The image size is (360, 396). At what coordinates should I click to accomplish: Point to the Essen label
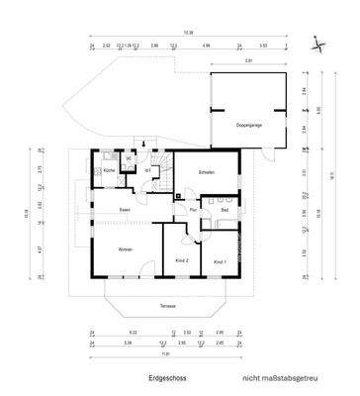tap(126, 210)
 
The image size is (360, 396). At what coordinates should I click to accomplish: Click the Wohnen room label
tap(126, 248)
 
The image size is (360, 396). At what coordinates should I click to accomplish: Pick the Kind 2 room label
tap(181, 260)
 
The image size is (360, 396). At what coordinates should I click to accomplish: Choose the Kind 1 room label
tap(219, 260)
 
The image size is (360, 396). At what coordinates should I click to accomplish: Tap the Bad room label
tap(225, 210)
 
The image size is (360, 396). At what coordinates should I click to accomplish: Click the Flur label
tap(195, 210)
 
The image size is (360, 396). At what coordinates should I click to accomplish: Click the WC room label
tap(129, 157)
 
